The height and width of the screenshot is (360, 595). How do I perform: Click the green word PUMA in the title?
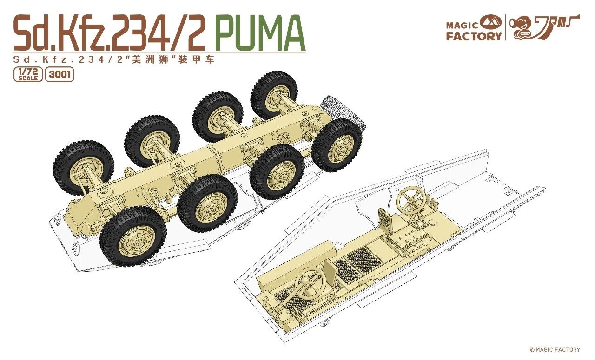262,32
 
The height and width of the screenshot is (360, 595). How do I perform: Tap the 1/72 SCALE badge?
28,75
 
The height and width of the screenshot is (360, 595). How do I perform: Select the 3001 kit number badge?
59,75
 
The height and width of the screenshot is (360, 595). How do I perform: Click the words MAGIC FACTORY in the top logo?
474,31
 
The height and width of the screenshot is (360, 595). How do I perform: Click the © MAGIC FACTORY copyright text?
555,350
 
